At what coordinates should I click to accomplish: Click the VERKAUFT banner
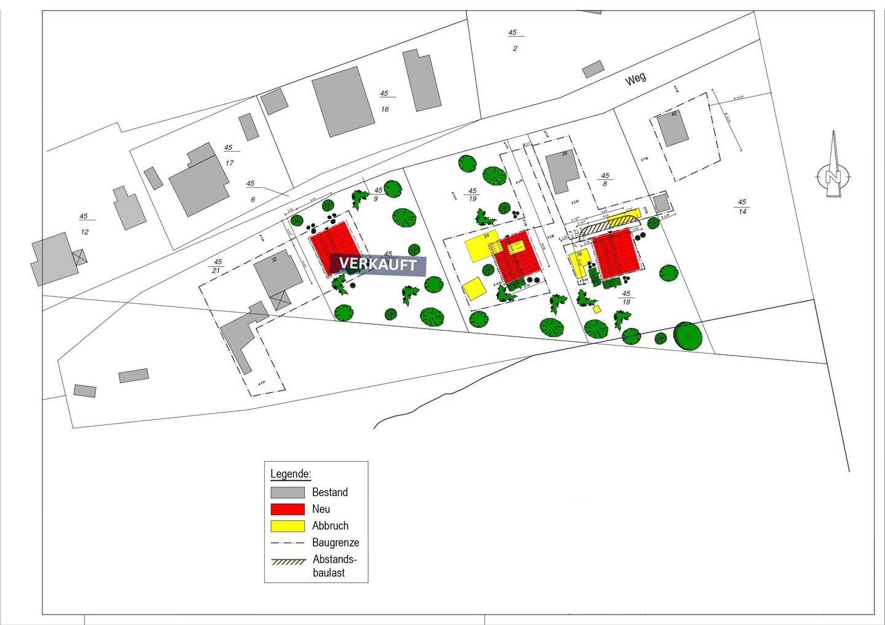[x=377, y=265]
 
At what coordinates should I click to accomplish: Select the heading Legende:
[x=291, y=474]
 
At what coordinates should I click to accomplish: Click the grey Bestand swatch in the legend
[x=288, y=492]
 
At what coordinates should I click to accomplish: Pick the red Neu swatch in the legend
[x=288, y=509]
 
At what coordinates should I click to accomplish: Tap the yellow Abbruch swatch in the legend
[x=288, y=526]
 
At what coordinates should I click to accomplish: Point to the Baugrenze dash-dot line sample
[x=288, y=543]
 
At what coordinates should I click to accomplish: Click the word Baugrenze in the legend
[x=336, y=543]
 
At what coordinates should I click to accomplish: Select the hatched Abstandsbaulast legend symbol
[x=288, y=561]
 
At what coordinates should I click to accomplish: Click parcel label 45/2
[x=513, y=41]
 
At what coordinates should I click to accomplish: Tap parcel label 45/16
[x=384, y=101]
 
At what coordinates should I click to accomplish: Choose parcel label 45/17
[x=229, y=155]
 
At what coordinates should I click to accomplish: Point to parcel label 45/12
[x=84, y=224]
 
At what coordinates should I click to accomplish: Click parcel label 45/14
[x=742, y=207]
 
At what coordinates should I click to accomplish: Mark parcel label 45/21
[x=216, y=266]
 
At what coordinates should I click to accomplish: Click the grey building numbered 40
[x=673, y=129]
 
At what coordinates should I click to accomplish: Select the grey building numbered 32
[x=278, y=274]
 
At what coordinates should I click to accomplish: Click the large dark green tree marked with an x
[x=687, y=336]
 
